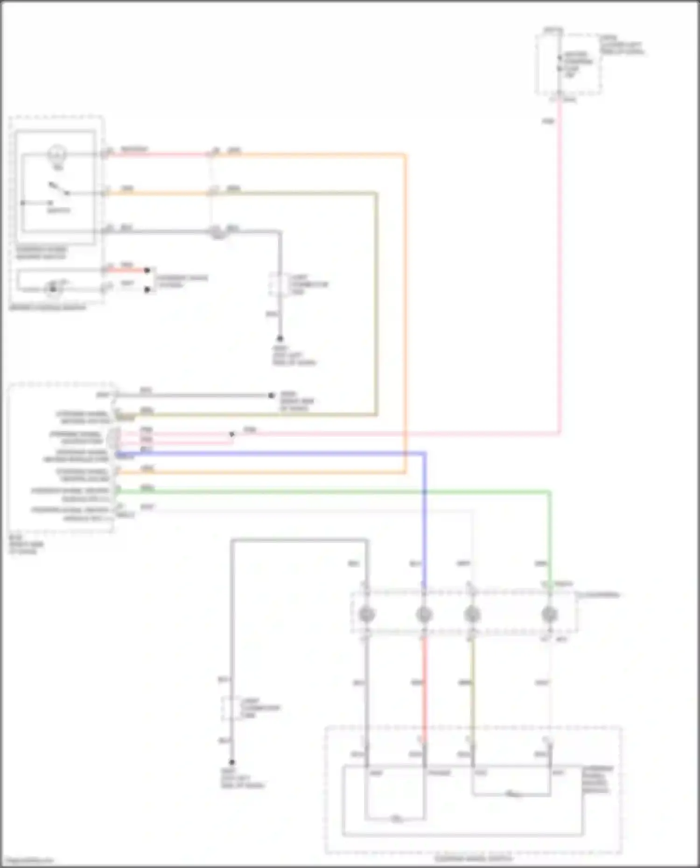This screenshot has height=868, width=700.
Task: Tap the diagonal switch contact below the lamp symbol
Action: (x=60, y=189)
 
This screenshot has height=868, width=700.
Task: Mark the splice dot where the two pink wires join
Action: (x=231, y=434)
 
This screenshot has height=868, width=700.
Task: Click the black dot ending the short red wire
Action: (x=147, y=270)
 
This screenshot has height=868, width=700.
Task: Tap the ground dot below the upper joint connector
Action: (x=280, y=339)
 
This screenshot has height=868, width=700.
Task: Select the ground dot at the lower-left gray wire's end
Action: (x=231, y=762)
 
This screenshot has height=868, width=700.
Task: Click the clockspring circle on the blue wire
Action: (x=424, y=614)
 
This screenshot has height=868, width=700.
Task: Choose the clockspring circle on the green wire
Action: (x=549, y=614)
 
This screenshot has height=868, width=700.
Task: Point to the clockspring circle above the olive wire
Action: (x=472, y=614)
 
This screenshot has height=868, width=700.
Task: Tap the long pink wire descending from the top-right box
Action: (x=560, y=280)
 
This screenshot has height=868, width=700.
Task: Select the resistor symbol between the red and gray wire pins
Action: (x=396, y=819)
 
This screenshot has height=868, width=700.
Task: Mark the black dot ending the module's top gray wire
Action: (x=271, y=396)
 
